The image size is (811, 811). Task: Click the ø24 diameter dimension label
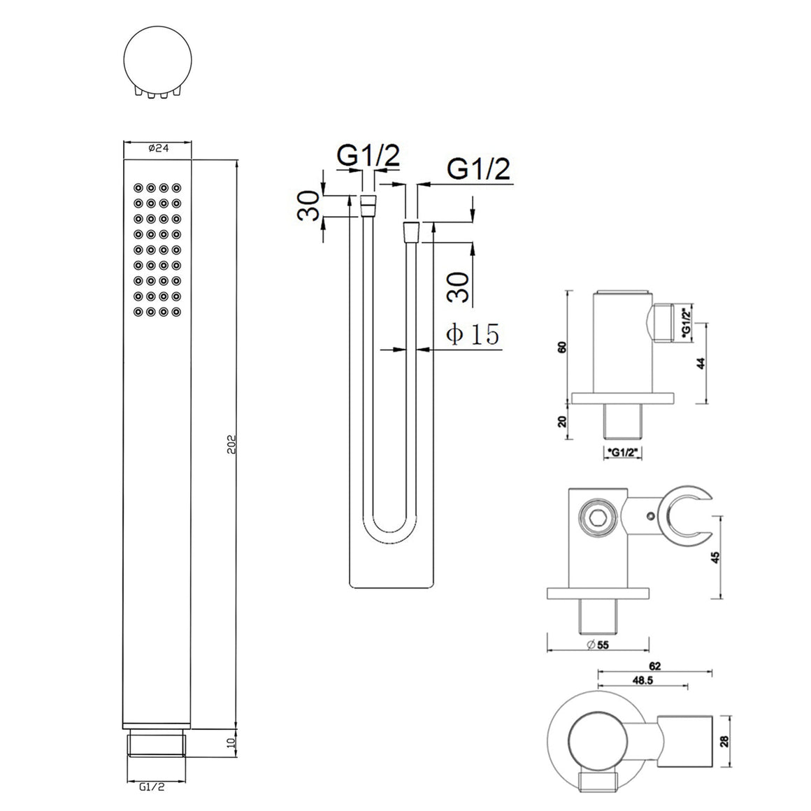click(x=158, y=148)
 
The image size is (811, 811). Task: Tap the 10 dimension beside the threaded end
click(x=231, y=742)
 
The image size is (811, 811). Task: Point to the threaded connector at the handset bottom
click(x=156, y=742)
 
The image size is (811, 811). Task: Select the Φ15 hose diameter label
click(x=473, y=334)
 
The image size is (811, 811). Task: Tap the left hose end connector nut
click(x=368, y=206)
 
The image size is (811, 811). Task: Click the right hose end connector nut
click(x=411, y=231)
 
